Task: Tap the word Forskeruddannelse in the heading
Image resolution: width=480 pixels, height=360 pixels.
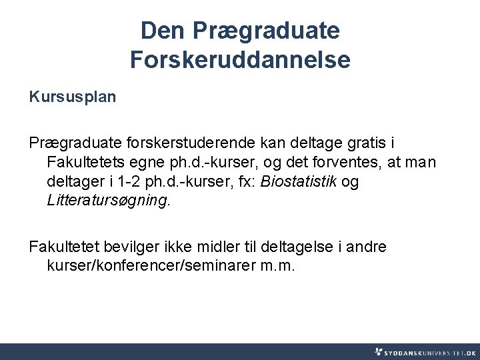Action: pyautogui.click(x=240, y=60)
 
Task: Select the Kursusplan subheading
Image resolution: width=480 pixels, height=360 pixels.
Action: pyautogui.click(x=73, y=97)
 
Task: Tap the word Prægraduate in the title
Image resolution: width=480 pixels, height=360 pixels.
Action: pyautogui.click(x=266, y=30)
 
